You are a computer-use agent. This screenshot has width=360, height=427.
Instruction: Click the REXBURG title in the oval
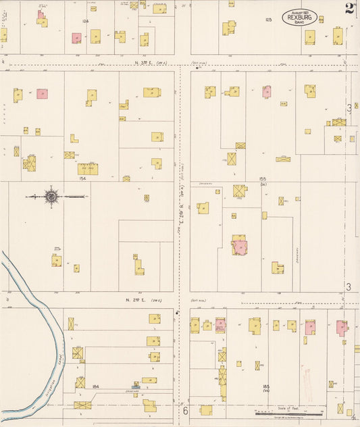coord(299,18)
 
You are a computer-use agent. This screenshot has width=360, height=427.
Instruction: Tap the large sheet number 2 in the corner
coord(349,8)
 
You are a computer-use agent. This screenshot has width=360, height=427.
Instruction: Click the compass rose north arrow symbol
coord(51,197)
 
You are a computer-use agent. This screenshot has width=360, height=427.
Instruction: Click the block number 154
coord(82,179)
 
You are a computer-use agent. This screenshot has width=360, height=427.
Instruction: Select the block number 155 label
coord(263,179)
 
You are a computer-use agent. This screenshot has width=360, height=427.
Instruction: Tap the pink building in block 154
coord(42,94)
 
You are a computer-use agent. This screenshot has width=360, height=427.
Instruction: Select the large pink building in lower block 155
coord(239,246)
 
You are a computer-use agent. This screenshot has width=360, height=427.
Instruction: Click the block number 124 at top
coord(85,21)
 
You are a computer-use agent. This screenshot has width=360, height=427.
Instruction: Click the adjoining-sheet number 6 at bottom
coord(184,410)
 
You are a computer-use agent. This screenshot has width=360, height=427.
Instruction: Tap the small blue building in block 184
coord(136,386)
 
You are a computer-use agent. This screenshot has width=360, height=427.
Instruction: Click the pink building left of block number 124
coord(76,39)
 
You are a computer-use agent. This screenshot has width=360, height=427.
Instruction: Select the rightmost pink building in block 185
coord(342,328)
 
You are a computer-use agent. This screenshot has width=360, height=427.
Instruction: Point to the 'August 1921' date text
coord(299,12)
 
